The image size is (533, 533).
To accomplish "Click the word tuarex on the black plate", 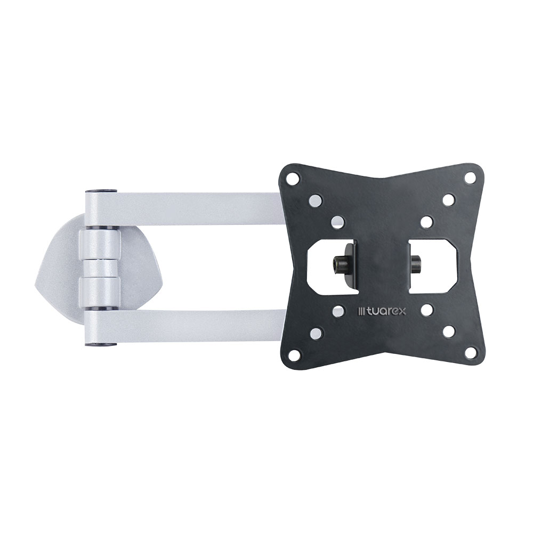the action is click(x=385, y=311).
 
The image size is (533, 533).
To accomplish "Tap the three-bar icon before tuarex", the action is click(x=362, y=311).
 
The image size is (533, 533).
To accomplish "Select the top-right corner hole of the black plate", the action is click(x=470, y=177).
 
